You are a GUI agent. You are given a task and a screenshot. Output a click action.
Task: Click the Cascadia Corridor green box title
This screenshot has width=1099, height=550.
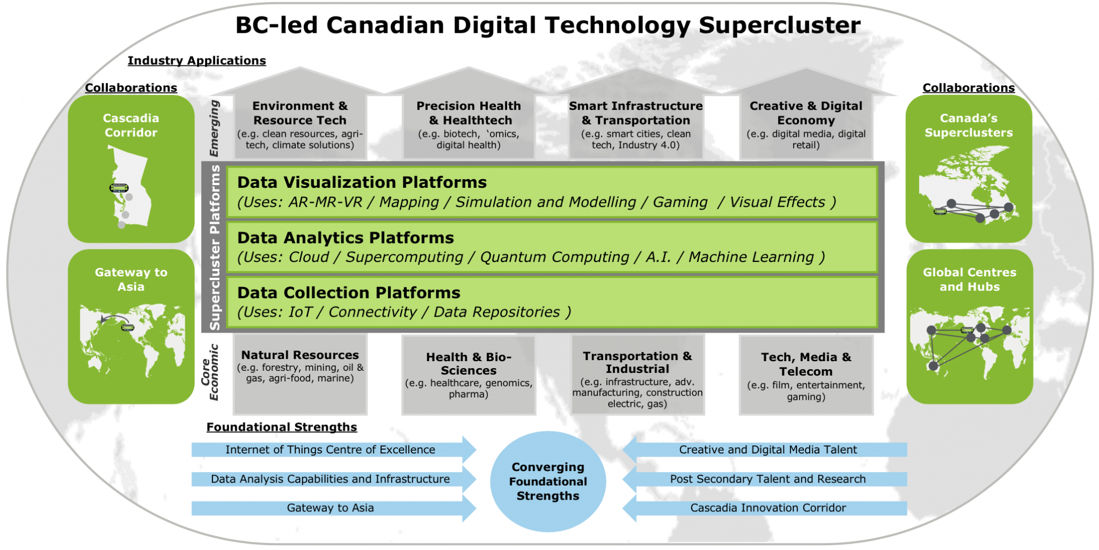131,126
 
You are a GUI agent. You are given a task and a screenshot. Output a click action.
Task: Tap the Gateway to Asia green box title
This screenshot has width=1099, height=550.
131,280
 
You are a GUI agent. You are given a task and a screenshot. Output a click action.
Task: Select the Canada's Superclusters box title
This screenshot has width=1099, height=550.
969,126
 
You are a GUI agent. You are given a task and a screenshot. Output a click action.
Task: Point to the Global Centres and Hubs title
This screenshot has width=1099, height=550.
969,280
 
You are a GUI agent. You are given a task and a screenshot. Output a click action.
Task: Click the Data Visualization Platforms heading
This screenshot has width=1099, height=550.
362,182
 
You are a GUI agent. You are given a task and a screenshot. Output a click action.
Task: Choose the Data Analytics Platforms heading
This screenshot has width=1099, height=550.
346,238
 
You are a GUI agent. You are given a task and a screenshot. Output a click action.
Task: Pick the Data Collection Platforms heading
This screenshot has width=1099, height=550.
349,292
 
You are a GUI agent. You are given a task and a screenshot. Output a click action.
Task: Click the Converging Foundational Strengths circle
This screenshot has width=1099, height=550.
548,481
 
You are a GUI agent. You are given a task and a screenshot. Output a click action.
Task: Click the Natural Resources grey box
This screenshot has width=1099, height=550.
300,375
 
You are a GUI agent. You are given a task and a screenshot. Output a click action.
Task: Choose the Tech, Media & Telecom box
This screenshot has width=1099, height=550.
806,375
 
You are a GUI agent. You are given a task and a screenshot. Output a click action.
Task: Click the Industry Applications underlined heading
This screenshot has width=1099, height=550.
197,61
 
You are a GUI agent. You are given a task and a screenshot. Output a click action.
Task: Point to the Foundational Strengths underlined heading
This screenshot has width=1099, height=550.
282,427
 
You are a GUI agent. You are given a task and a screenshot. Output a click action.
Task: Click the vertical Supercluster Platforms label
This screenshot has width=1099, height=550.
215,247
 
